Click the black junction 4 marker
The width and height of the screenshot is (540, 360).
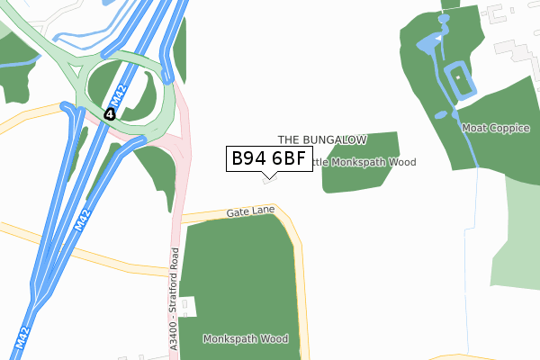click(109, 114)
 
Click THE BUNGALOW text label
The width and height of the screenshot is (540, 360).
click(321, 140)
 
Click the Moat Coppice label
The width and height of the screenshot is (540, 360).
click(496, 129)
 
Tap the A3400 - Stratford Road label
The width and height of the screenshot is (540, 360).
click(174, 289)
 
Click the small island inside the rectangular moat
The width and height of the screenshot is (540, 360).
click(460, 80)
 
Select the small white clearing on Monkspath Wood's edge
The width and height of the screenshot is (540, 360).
click(188, 308)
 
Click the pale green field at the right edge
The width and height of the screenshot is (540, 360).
click(517, 234)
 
